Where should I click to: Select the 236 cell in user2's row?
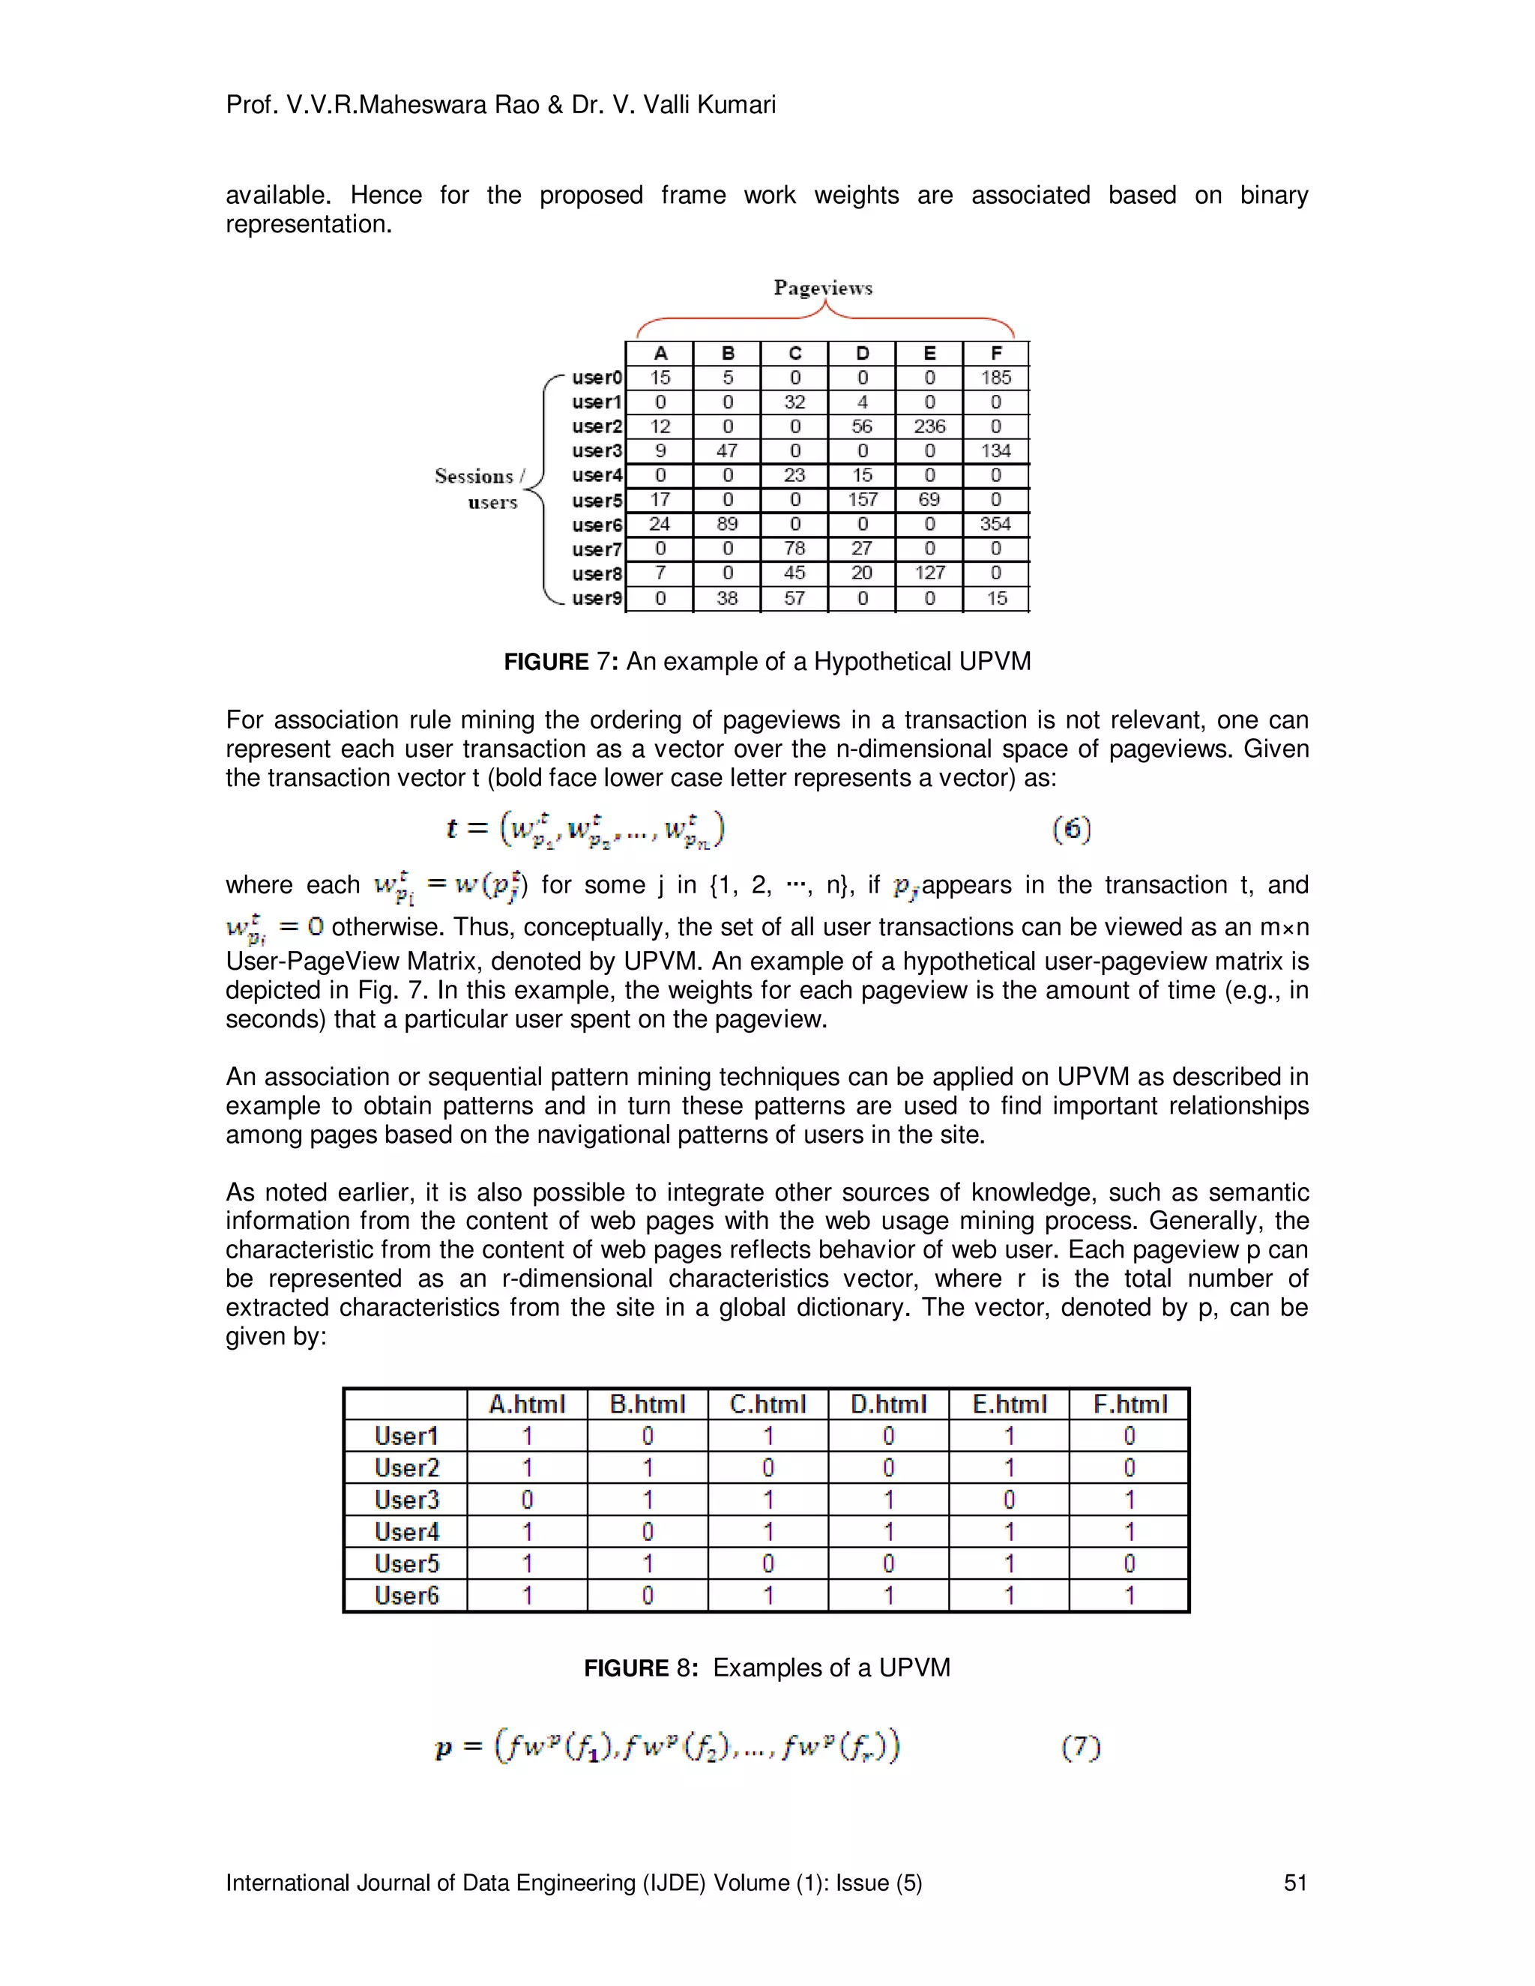click(x=929, y=426)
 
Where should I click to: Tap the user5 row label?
click(x=597, y=500)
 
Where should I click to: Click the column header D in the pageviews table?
click(x=862, y=354)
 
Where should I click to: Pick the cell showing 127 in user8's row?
click(x=929, y=573)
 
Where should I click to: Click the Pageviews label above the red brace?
click(x=822, y=289)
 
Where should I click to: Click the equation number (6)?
click(x=1071, y=828)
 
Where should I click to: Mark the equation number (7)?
click(x=1080, y=1747)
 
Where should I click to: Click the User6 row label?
click(x=406, y=1595)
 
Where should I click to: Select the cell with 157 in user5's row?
click(x=862, y=499)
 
